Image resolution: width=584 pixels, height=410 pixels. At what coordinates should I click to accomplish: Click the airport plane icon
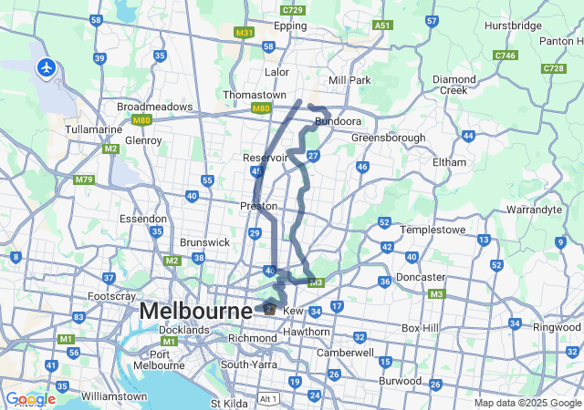[x=46, y=67]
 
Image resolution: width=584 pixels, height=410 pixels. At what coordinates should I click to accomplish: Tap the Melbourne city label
[x=195, y=312]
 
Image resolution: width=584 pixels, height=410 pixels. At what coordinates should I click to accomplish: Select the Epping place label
[x=290, y=26]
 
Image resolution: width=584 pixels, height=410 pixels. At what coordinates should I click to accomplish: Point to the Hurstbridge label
[x=513, y=26]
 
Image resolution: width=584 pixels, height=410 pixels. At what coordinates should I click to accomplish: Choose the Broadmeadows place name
[x=151, y=106]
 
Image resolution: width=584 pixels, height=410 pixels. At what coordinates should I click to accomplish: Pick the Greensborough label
[x=389, y=138]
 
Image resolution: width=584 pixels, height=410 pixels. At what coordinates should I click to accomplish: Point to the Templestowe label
[x=433, y=230]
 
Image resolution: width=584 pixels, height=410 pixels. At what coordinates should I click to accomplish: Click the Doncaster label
[x=422, y=277]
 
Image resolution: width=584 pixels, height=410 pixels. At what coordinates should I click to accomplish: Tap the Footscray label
[x=112, y=297]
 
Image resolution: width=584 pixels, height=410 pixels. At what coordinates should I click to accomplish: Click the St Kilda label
[x=228, y=403]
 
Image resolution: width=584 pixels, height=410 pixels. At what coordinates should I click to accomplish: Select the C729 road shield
[x=293, y=10]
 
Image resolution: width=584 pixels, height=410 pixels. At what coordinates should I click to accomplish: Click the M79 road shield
[x=84, y=179]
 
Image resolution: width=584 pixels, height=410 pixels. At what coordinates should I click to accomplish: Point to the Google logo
[x=30, y=399]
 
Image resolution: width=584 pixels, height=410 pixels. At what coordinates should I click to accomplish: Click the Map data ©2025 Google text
[x=527, y=403]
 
